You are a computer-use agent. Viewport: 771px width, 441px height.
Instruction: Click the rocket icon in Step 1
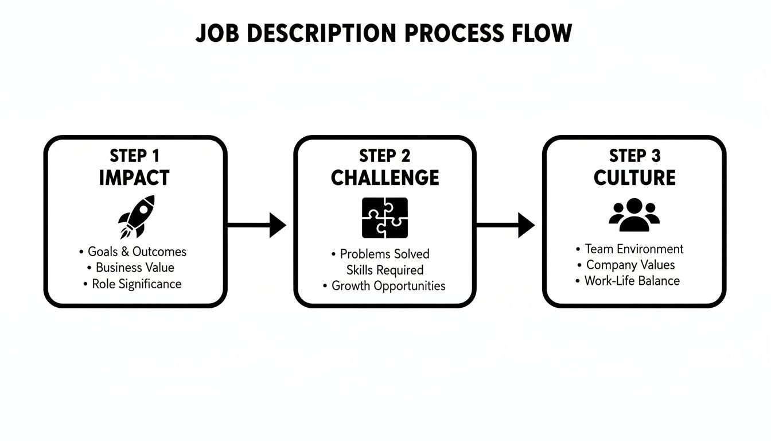[136, 216]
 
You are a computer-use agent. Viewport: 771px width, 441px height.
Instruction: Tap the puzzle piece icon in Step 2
[385, 218]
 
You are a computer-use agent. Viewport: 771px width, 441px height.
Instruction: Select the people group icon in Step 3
[634, 215]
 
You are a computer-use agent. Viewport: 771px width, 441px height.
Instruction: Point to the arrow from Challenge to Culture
[505, 225]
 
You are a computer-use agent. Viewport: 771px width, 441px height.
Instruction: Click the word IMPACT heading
[134, 177]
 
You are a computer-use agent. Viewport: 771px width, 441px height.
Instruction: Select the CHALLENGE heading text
[385, 177]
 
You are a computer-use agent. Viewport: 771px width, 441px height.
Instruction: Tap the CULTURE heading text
[634, 177]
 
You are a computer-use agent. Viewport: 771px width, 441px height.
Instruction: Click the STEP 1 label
[135, 156]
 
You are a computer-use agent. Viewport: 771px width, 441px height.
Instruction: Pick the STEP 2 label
[385, 156]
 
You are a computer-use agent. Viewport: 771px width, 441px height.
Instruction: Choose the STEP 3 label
[634, 156]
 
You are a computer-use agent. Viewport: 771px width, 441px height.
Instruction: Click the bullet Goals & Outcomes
[137, 252]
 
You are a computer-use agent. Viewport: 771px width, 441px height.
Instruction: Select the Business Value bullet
[135, 268]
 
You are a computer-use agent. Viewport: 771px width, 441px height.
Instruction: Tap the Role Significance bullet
[137, 284]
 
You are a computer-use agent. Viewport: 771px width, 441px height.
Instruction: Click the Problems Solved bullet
[384, 254]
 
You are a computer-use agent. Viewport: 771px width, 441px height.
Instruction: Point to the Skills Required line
[385, 270]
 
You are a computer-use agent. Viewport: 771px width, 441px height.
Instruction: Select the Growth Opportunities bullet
[388, 286]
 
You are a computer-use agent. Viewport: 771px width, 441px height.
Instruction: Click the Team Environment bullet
[634, 249]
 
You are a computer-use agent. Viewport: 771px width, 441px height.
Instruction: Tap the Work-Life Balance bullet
[632, 281]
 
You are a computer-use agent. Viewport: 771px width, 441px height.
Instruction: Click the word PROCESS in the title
[451, 33]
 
